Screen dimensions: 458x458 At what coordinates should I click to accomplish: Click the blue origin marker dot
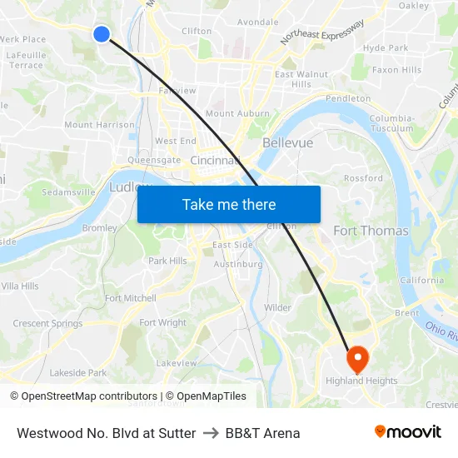[101, 33]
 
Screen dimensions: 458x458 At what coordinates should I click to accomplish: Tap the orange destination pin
[357, 359]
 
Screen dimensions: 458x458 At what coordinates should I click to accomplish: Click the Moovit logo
[407, 432]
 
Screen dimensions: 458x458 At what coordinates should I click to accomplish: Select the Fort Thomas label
[371, 231]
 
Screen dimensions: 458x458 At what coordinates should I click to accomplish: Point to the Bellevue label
[287, 143]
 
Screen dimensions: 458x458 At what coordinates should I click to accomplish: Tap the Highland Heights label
[361, 381]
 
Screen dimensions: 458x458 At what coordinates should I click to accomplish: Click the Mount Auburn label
[237, 113]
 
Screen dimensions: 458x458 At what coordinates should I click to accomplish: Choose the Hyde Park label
[386, 48]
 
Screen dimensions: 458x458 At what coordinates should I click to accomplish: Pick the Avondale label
[258, 22]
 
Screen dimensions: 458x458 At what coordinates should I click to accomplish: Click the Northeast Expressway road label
[322, 32]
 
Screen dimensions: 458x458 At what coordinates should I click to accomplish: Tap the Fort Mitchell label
[131, 298]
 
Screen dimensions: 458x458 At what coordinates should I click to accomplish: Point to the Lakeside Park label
[78, 373]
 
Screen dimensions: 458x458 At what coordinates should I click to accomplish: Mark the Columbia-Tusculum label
[391, 123]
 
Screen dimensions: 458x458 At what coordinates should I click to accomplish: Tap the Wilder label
[277, 308]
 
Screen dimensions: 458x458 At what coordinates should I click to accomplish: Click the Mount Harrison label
[99, 125]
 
